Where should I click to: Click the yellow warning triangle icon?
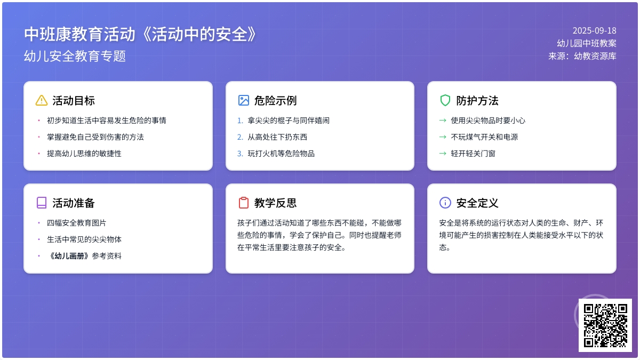click(42, 101)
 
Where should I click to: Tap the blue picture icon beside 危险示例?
click(243, 101)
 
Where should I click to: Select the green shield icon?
click(445, 101)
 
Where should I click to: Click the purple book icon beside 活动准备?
click(42, 203)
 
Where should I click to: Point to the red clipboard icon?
click(243, 203)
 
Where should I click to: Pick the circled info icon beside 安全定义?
click(445, 203)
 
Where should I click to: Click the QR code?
click(605, 325)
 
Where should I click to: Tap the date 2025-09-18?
click(594, 30)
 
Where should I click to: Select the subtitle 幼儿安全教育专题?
click(75, 56)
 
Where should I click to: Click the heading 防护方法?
click(477, 101)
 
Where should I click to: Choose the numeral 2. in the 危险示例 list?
click(240, 137)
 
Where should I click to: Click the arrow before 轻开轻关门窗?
click(443, 154)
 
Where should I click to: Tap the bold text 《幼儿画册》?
click(69, 256)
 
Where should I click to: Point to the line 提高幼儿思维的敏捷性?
click(84, 154)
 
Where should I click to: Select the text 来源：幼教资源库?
click(582, 56)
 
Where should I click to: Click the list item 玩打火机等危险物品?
click(281, 154)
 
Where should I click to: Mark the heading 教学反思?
click(275, 203)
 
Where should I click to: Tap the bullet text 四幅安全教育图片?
click(77, 223)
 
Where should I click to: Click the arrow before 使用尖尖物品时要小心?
click(443, 121)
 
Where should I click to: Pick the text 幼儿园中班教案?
click(587, 43)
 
